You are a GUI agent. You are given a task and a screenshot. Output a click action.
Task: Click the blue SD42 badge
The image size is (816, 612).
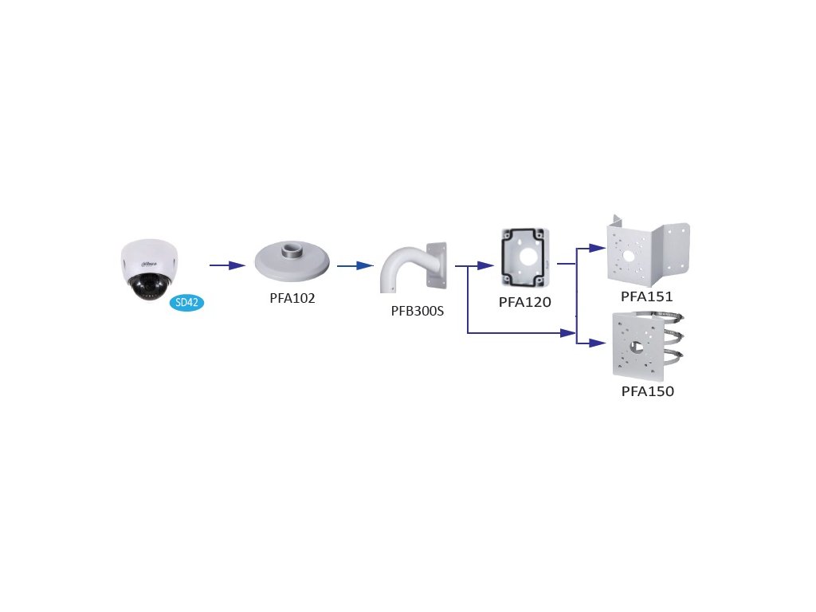[186, 302]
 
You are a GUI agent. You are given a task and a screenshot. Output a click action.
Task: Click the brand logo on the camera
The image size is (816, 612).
[147, 265]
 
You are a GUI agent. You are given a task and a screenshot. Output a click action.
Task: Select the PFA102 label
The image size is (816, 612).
[292, 298]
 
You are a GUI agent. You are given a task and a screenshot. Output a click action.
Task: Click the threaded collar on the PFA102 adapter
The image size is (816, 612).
[292, 249]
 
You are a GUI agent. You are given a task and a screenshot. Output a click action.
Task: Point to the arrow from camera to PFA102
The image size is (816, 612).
[227, 265]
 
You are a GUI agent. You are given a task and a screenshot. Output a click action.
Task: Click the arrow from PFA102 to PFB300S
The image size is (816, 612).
[355, 266]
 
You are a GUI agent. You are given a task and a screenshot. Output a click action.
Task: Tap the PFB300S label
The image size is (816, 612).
[418, 312]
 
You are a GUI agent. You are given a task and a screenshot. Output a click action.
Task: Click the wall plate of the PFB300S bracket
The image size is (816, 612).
[437, 265]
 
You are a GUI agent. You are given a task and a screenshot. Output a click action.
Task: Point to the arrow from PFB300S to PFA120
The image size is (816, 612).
[475, 266]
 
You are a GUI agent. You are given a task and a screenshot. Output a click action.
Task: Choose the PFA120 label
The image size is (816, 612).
[524, 302]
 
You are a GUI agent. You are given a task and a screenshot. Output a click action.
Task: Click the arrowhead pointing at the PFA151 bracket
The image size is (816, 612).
[598, 249]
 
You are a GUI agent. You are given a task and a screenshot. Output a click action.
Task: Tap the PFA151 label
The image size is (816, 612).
[647, 296]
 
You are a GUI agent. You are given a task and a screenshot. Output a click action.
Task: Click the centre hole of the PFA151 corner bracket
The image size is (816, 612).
[629, 256]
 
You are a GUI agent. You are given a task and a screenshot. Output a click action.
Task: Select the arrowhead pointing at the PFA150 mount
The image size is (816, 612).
[598, 343]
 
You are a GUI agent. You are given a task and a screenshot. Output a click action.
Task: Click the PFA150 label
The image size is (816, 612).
[647, 391]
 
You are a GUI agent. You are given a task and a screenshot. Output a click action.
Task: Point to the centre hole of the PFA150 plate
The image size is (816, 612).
[636, 347]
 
